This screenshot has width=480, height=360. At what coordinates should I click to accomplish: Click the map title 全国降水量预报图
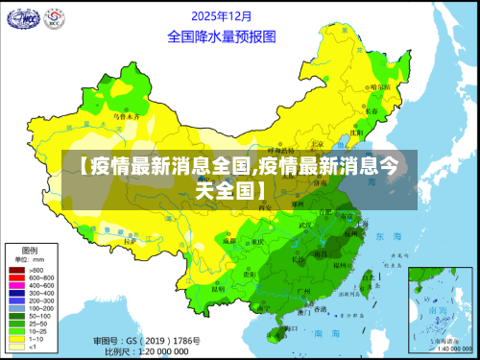(221, 36)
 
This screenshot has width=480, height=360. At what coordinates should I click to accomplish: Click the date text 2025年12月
(221, 16)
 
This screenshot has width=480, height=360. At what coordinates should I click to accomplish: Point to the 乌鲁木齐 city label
(127, 115)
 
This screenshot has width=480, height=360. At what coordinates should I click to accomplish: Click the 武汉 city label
(306, 226)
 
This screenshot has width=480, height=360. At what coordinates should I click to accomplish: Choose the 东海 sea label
(388, 235)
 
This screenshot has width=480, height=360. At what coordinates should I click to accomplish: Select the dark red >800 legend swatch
(16, 271)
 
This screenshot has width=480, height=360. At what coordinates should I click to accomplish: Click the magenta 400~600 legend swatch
(16, 285)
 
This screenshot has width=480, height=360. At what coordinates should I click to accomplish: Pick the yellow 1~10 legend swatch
(16, 338)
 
